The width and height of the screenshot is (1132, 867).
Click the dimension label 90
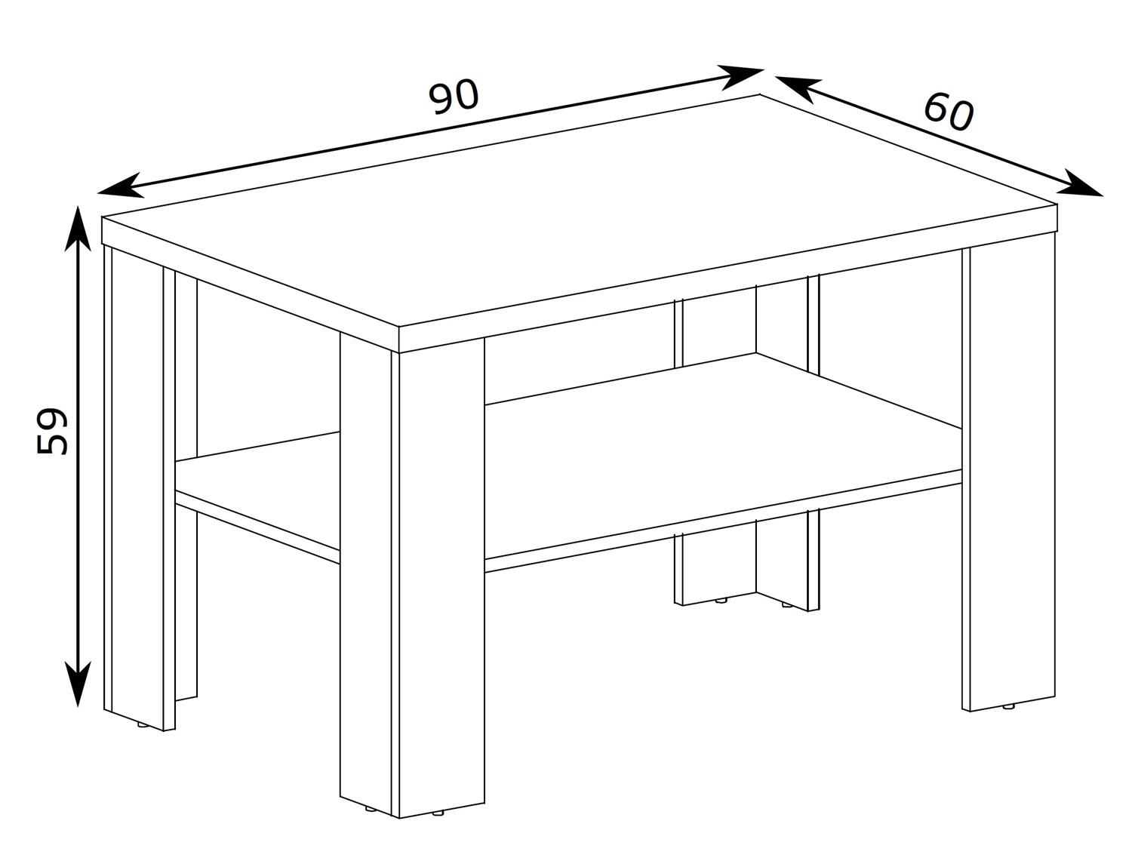point(453,97)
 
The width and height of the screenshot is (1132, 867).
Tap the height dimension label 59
point(52,431)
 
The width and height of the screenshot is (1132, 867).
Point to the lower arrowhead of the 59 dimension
point(78,684)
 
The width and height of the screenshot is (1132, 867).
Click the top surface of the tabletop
point(578,208)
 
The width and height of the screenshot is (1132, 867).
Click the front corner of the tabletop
point(398,327)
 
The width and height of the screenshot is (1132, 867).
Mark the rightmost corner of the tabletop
point(1057,204)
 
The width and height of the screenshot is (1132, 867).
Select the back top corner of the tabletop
point(759,94)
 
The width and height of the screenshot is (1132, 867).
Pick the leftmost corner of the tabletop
point(102,217)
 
